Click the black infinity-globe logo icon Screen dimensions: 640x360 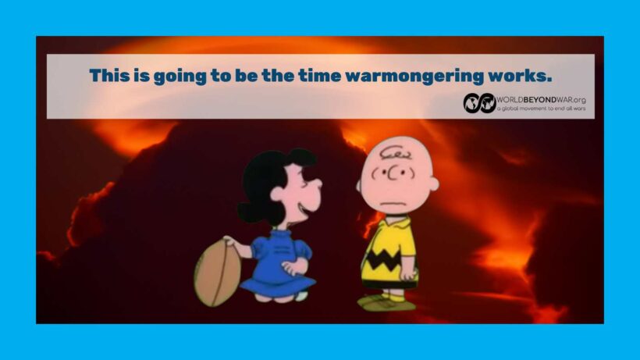pyautogui.click(x=479, y=103)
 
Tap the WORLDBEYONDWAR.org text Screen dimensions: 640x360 pyautogui.click(x=541, y=100)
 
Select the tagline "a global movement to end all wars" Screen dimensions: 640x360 pyautogui.click(x=541, y=109)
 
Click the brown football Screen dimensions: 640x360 pyautogui.click(x=217, y=273)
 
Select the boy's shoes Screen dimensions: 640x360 pyautogui.click(x=386, y=303)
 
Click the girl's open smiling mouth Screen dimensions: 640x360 pyautogui.click(x=304, y=209)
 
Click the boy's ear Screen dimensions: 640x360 pyautogui.click(x=432, y=184)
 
